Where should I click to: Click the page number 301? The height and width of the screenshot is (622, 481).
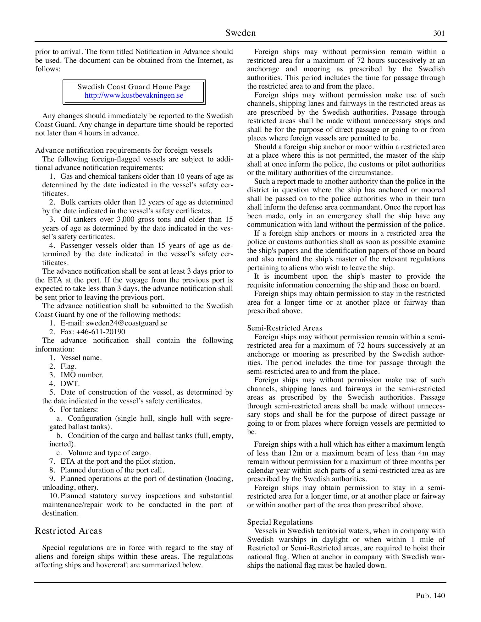coord(439,33)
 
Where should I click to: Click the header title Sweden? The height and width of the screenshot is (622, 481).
coord(240,33)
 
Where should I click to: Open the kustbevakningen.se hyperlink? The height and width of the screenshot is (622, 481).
coord(134,95)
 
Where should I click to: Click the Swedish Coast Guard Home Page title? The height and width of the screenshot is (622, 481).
coord(134,87)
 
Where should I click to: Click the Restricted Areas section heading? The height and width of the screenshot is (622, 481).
coord(69,531)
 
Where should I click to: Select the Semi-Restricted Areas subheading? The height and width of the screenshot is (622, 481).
coord(285,328)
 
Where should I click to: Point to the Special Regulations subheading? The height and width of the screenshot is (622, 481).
coord(280,522)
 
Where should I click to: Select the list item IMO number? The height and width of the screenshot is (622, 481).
coord(82,375)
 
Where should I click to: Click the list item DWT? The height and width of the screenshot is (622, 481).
coord(70,384)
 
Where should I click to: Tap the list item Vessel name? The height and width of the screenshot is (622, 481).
coord(81,358)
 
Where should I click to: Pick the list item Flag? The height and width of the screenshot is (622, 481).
coord(68,367)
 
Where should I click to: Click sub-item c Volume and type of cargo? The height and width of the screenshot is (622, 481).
coord(109,453)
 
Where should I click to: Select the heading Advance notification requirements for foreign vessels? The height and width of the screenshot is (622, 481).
coord(124,150)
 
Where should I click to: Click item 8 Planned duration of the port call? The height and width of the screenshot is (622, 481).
coord(112,470)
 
